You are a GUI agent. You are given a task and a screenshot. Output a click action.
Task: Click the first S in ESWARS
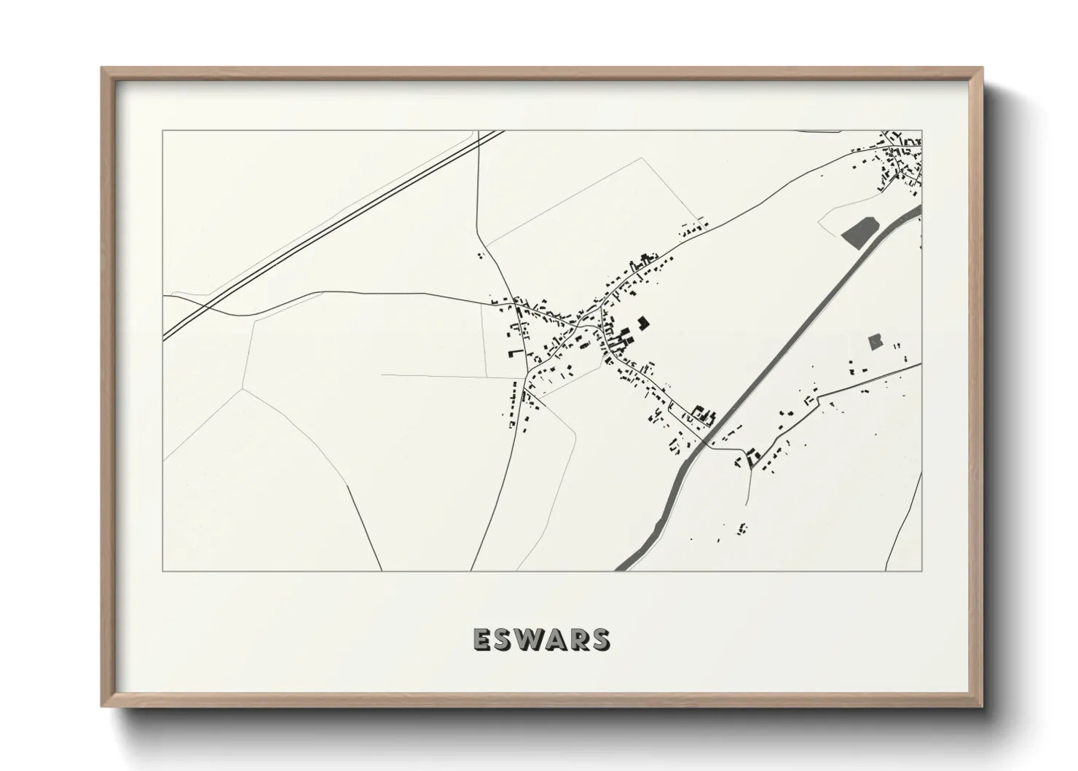[503, 639]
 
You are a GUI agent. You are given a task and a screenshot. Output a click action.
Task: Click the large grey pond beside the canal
[859, 231]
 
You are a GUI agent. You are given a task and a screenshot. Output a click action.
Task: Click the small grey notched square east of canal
[876, 341]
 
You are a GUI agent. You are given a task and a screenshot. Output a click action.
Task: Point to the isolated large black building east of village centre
[643, 323]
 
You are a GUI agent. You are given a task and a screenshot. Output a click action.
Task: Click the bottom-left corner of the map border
[163, 571]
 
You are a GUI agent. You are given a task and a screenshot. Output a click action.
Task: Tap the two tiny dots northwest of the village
[479, 255]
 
